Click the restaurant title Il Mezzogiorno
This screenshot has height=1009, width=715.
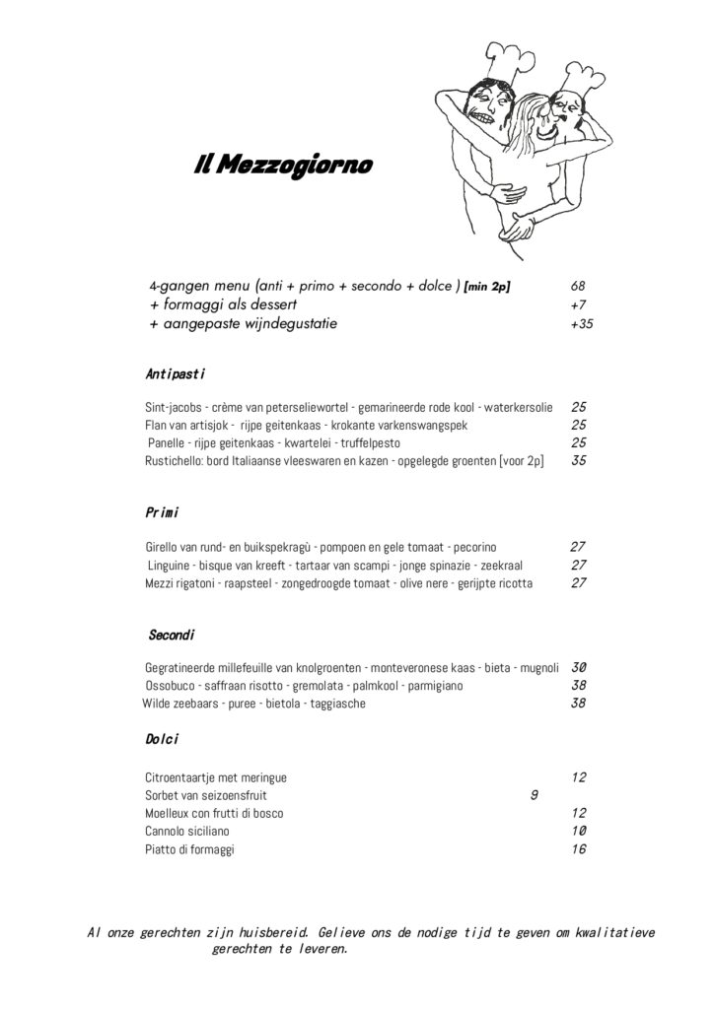283,166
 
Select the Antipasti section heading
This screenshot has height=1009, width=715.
175,373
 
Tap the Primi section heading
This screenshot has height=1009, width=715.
161,512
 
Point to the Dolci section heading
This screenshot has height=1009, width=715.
161,739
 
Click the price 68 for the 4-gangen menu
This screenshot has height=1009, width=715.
578,287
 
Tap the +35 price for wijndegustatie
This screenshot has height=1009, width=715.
581,324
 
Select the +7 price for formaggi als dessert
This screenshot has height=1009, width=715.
579,305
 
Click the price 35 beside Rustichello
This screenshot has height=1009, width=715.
580,460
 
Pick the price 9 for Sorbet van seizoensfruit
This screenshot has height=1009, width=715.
534,795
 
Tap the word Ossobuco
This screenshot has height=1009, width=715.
169,685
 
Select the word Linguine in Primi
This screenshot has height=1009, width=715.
171,565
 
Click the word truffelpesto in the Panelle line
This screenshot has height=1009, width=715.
343,442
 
